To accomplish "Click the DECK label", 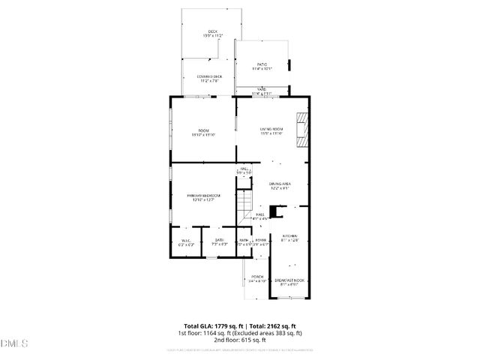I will coord(212,31).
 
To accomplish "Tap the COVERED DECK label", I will coord(209,76).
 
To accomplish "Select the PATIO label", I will coord(262,64).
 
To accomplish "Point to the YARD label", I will coord(262,89).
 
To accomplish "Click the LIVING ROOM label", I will coord(271,130).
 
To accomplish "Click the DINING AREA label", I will coord(280,184).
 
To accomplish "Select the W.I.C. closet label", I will coord(185,239).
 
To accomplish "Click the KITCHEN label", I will coord(289,235).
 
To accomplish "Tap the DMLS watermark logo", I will coord(14,344).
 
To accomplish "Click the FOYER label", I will coord(261,239).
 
